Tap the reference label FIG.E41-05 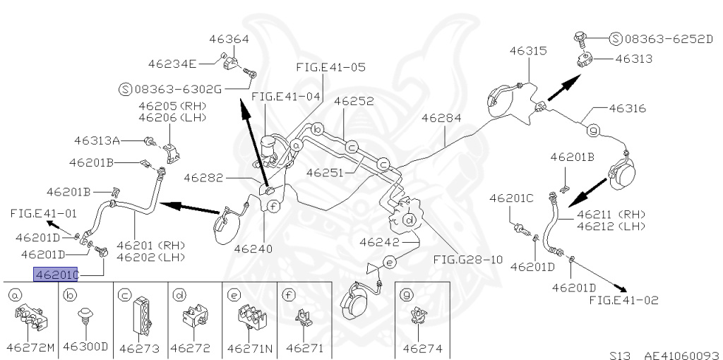pos(330,68)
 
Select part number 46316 pos(627,109)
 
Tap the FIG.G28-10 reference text pos(468,259)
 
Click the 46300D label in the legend pos(85,347)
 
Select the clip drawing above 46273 pos(138,316)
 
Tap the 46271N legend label pos(249,347)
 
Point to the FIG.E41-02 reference pos(623,300)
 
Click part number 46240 pos(253,248)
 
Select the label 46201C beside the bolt pos(519,198)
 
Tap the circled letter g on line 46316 pos(593,130)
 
